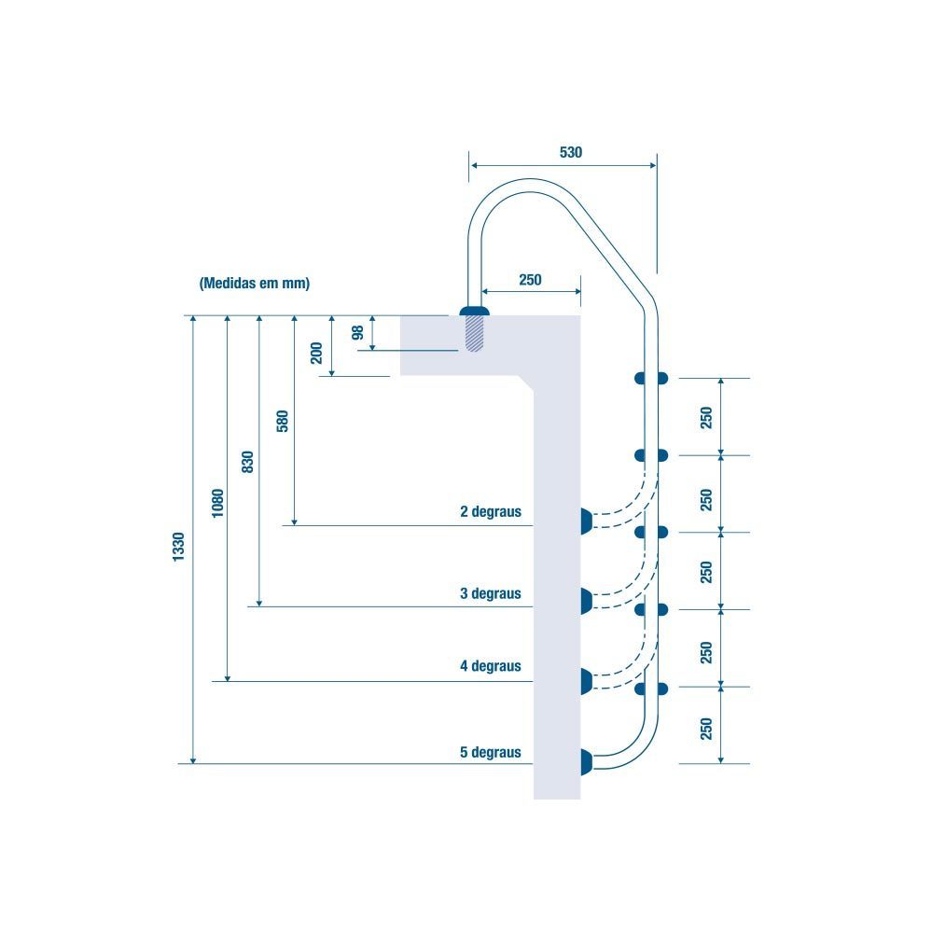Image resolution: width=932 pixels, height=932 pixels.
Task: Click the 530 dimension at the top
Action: [570, 152]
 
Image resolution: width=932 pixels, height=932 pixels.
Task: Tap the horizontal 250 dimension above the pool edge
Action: [530, 279]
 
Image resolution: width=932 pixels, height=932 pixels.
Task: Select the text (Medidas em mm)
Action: [254, 283]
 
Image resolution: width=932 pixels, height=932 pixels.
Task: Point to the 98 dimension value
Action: [357, 333]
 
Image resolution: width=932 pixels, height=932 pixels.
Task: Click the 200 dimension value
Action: [316, 353]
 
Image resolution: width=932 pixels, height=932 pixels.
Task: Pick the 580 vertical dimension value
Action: [282, 422]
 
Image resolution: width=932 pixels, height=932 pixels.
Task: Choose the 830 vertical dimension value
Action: [247, 462]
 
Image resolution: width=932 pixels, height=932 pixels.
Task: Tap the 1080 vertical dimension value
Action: [217, 503]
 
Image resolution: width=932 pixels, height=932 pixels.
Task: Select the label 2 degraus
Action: [490, 512]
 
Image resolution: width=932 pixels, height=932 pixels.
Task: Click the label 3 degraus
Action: [490, 593]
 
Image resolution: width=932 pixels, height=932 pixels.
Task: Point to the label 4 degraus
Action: [490, 666]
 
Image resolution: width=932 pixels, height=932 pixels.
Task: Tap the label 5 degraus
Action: [490, 752]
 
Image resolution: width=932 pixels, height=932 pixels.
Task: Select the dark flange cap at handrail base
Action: [476, 311]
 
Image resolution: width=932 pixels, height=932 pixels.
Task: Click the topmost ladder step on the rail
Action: [651, 378]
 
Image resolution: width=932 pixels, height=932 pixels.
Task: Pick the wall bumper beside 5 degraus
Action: [586, 762]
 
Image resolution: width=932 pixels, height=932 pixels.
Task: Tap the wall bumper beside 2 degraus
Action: [586, 522]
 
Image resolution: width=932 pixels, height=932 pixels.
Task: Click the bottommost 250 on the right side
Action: [706, 728]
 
